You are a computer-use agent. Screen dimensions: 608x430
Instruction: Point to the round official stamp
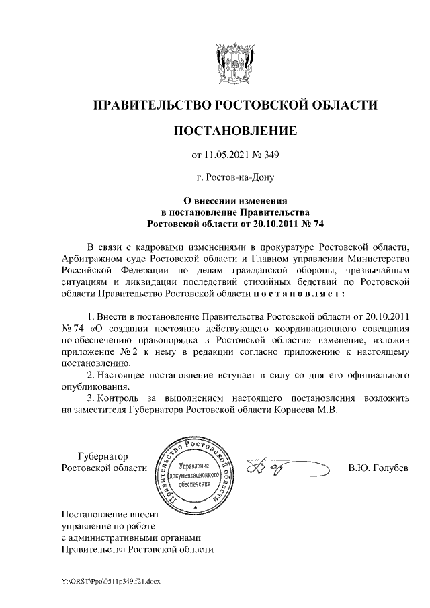click(196, 472)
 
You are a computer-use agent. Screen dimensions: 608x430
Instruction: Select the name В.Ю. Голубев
click(378, 468)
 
